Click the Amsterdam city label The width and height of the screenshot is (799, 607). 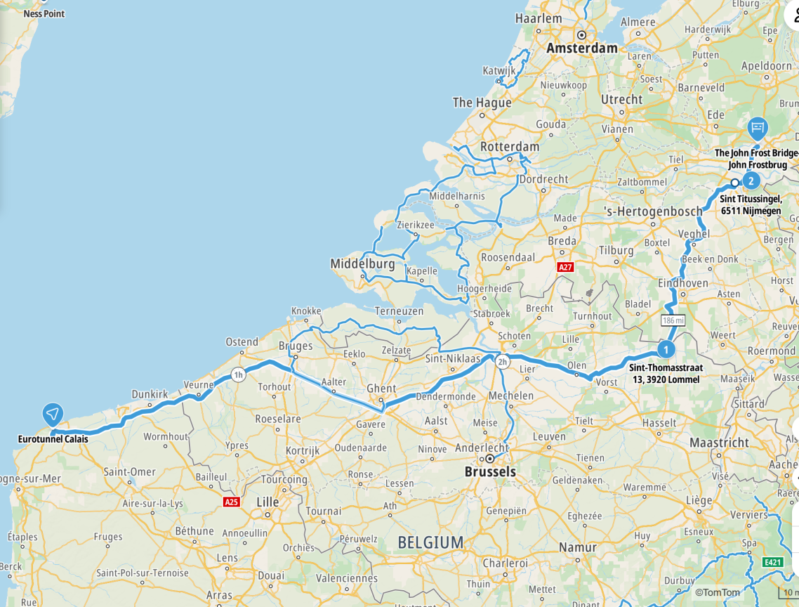click(x=582, y=48)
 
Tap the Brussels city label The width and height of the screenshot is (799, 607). click(x=490, y=472)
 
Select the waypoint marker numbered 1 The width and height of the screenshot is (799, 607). click(x=666, y=348)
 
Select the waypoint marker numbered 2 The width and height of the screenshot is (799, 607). click(x=751, y=181)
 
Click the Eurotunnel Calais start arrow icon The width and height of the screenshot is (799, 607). click(x=53, y=415)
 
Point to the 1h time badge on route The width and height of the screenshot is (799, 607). click(x=239, y=375)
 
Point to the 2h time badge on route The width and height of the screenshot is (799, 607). click(x=502, y=363)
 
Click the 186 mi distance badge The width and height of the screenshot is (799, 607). click(x=673, y=320)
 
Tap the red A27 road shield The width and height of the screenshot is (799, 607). click(x=565, y=267)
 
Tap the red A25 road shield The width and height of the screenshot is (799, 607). click(x=231, y=502)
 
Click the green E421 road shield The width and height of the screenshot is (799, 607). click(x=772, y=562)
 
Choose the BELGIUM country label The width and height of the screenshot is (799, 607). click(x=430, y=542)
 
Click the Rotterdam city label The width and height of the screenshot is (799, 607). click(x=510, y=147)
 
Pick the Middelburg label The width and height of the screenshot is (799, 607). click(x=363, y=264)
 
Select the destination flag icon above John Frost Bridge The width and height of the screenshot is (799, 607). click(x=757, y=128)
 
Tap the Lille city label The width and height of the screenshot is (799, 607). click(x=268, y=502)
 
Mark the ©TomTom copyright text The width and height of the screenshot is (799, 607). click(x=717, y=592)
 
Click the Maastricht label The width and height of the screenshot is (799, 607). click(x=719, y=443)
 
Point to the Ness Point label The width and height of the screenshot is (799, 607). click(x=44, y=13)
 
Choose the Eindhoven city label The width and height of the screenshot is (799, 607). click(x=683, y=282)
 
